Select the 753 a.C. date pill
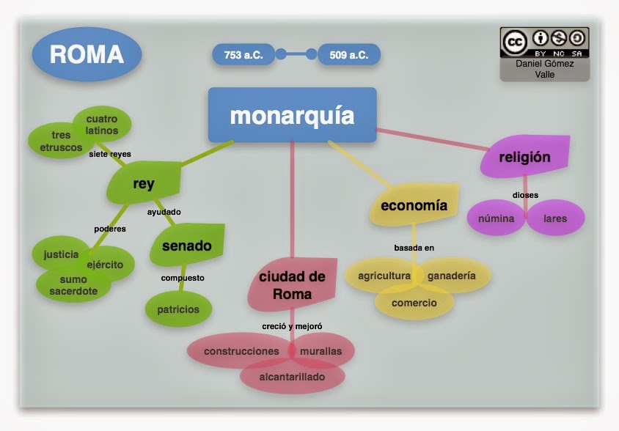click(243, 54)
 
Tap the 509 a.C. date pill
click(349, 54)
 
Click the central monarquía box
click(292, 115)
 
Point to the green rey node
click(144, 183)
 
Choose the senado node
click(186, 246)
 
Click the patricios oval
click(178, 309)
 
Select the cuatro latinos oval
click(102, 124)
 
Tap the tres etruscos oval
click(56, 141)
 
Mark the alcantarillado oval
click(292, 377)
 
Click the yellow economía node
click(414, 205)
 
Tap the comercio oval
click(414, 303)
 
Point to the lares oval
click(554, 218)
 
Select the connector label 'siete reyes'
click(110, 154)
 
